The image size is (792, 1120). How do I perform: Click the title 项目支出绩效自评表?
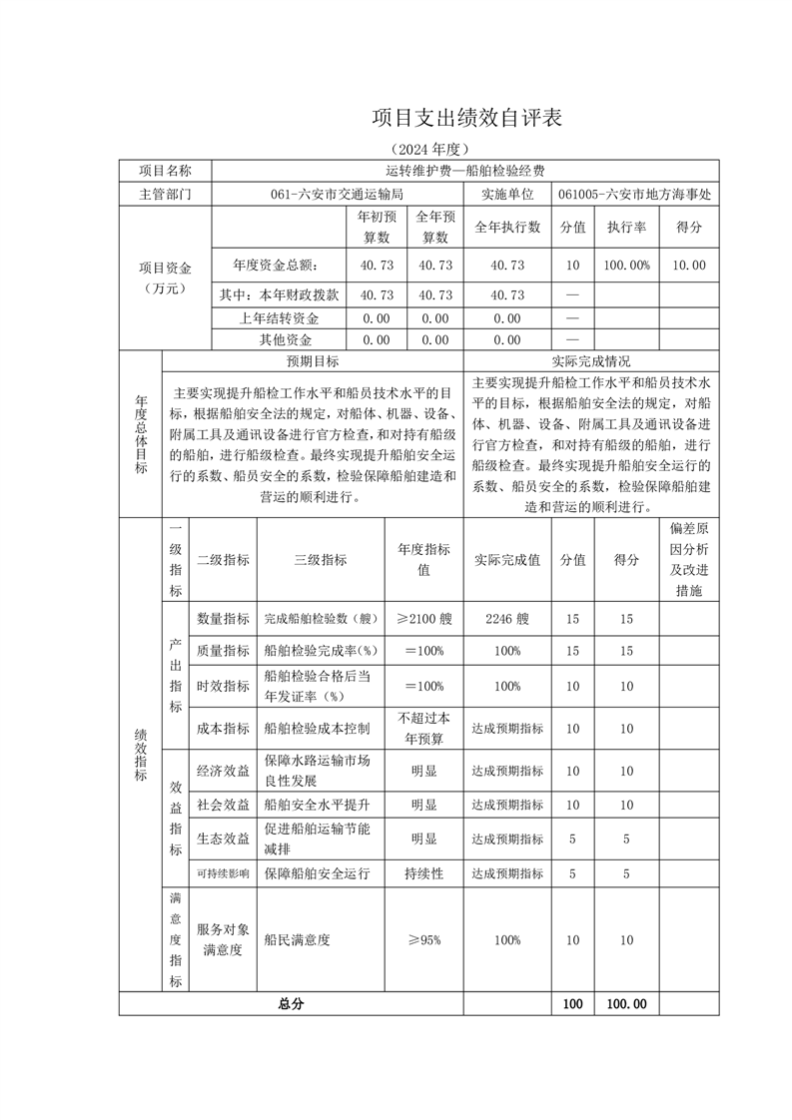[x=467, y=118]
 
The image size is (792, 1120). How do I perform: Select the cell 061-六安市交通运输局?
[x=338, y=195]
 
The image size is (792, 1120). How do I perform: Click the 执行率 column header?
[x=627, y=227]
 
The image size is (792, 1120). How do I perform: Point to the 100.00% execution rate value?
[x=627, y=266]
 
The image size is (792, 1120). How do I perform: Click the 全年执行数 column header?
[x=507, y=227]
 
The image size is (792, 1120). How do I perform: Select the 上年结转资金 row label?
[x=279, y=318]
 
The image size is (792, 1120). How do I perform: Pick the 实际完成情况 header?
[x=590, y=360]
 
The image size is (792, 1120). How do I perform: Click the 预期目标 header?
[x=312, y=360]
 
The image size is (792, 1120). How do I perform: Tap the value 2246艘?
[x=507, y=619]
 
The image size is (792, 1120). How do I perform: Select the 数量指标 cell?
[x=223, y=619]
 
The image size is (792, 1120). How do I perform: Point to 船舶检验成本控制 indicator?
[x=317, y=729]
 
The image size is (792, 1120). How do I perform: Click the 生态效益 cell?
[x=223, y=840]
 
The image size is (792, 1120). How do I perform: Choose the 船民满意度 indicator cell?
[x=297, y=939]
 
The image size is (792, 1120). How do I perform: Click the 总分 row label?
[x=292, y=1004]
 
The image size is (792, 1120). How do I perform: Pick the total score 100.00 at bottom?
[x=627, y=1004]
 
